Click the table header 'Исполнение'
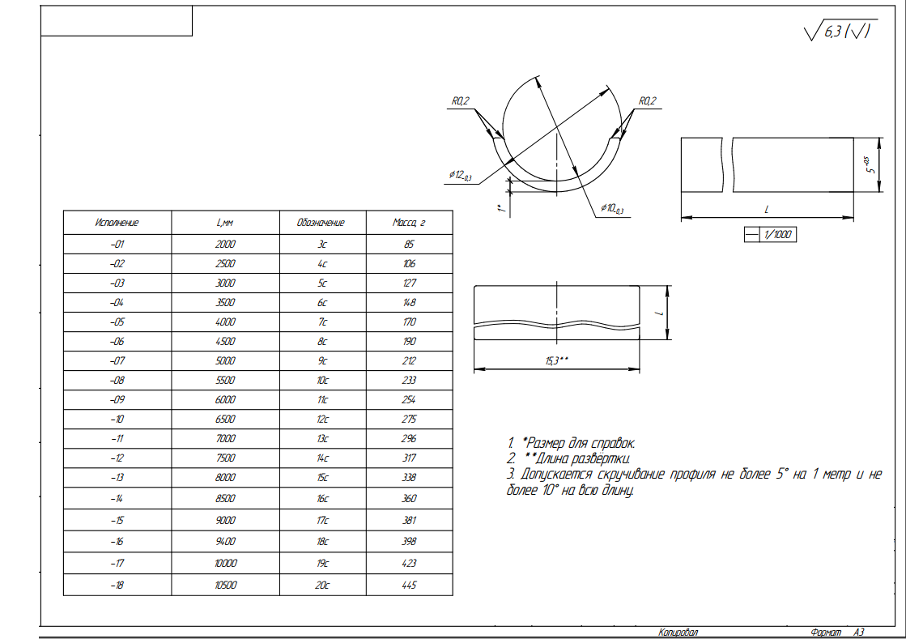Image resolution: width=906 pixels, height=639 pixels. [117, 223]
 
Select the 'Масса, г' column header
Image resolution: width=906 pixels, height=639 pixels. [409, 223]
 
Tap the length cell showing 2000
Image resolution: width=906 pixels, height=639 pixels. [225, 245]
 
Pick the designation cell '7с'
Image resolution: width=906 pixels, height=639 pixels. [322, 322]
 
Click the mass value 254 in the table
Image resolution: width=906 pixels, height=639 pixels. [409, 400]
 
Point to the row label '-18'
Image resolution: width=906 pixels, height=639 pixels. [117, 586]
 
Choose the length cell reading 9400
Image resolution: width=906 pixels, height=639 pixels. [225, 541]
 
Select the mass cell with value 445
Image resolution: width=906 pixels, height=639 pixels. [409, 586]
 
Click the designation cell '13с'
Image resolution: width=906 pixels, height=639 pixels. [322, 438]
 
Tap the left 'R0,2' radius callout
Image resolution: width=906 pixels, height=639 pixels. [461, 101]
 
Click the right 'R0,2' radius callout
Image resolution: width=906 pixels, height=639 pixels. [648, 101]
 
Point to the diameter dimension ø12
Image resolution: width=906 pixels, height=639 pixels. [461, 175]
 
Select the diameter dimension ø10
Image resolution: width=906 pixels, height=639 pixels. [612, 208]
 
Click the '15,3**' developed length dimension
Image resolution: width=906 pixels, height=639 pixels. [557, 360]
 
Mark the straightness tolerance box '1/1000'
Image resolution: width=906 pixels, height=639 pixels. [770, 235]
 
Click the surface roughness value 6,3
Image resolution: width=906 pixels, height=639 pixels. [832, 32]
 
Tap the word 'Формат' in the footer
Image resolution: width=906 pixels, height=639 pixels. [827, 632]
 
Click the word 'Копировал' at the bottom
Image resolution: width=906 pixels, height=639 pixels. [678, 632]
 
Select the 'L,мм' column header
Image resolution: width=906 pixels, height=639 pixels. [225, 223]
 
